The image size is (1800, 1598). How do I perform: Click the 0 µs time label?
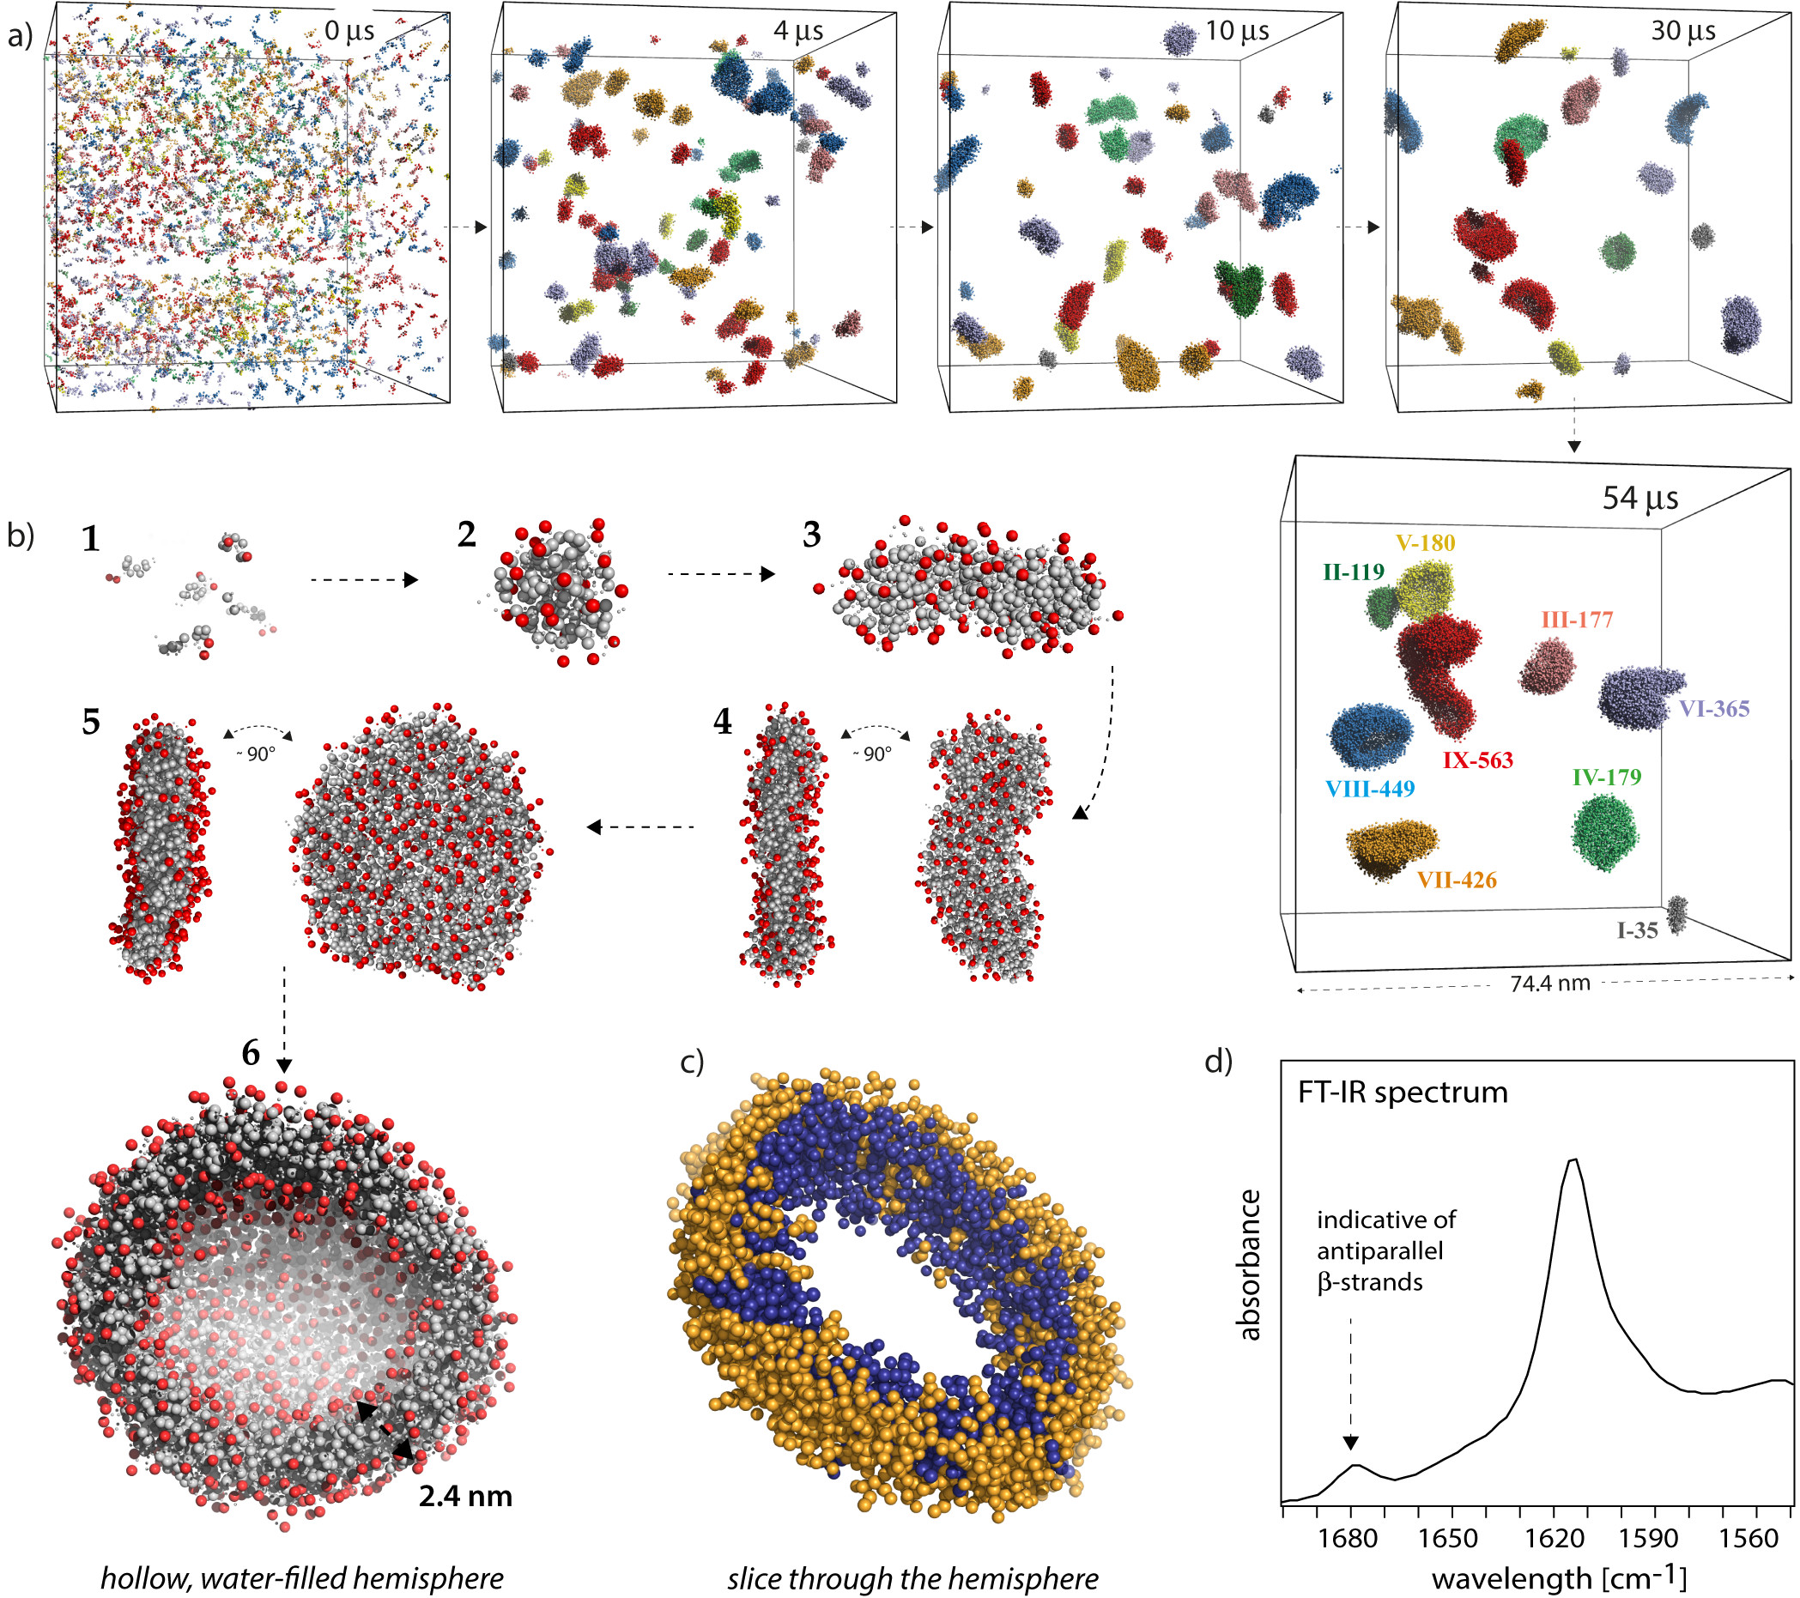[x=348, y=32]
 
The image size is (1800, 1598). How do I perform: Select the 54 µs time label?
[x=1639, y=498]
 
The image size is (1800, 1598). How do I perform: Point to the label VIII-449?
[x=1370, y=789]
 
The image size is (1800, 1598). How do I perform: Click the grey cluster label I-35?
[x=1637, y=930]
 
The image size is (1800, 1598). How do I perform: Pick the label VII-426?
[x=1457, y=880]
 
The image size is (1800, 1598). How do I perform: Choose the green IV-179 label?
[x=1607, y=778]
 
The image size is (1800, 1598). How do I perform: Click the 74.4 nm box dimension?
[x=1550, y=984]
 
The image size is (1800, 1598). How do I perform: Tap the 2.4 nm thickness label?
[x=465, y=1496]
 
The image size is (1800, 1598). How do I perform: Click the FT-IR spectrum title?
[x=1403, y=1093]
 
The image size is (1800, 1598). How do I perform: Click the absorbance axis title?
[x=1249, y=1264]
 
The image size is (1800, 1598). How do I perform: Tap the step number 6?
[x=251, y=1053]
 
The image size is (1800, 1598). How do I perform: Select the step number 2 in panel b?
[x=467, y=535]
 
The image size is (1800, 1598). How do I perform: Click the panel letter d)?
[x=1218, y=1062]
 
